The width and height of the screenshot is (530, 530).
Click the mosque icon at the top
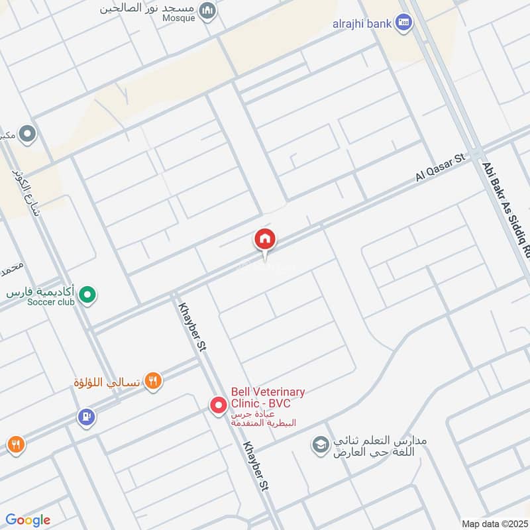208,11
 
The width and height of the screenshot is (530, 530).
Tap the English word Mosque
178,19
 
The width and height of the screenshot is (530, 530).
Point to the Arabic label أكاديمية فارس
41,291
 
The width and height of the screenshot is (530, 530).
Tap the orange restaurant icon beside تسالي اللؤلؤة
154,381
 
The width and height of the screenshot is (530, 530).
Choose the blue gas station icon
86,417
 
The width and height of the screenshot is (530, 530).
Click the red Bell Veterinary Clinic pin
218,405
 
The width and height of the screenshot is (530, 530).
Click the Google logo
27,519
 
